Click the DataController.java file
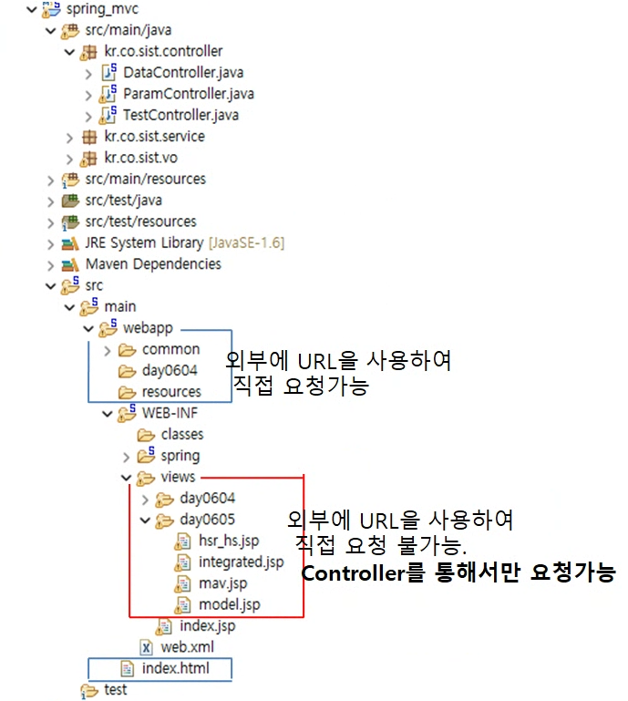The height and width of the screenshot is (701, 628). tap(183, 73)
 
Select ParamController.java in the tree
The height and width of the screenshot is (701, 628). tap(188, 94)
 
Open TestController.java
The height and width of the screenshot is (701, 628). tap(180, 115)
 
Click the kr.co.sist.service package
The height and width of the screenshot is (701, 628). tap(154, 137)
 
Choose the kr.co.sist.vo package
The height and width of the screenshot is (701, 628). tap(140, 158)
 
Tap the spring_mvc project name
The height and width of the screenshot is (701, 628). tap(103, 9)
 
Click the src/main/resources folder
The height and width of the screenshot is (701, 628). tap(145, 179)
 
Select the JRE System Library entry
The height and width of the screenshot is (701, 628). tap(144, 243)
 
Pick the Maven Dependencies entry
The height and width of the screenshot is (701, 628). tap(153, 264)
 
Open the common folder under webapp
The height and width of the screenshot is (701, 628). tap(170, 349)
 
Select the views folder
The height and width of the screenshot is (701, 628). tap(177, 477)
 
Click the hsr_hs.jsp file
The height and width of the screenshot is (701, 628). tap(229, 541)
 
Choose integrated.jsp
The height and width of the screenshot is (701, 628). tap(241, 562)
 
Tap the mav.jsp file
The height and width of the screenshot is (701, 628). tap(222, 582)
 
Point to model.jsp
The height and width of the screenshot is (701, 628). tap(229, 604)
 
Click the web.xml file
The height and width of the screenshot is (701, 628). tap(187, 647)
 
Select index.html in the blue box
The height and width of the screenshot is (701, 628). tap(175, 668)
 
